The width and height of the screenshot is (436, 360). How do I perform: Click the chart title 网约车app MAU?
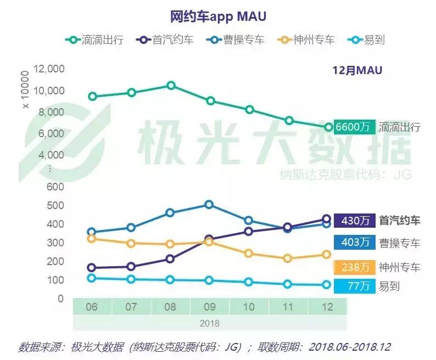pos(218,16)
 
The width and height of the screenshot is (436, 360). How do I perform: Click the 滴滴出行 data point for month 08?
pos(171,86)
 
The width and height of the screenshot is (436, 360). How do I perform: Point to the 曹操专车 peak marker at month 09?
pos(209,205)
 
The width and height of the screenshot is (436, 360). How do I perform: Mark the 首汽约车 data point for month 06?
pos(92,268)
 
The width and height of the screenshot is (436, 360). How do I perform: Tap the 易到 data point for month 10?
pos(249,282)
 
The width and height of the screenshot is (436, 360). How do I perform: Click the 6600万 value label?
pos(353,127)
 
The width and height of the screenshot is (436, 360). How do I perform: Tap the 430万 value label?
pos(354,221)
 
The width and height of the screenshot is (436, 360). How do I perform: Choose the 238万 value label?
pos(354,267)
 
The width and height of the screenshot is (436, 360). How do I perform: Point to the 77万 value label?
pos(354,286)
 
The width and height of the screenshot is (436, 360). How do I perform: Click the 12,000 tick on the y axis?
pos(49,69)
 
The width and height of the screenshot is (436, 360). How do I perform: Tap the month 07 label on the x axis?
pos(131,307)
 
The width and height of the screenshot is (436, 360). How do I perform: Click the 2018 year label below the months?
pos(209,323)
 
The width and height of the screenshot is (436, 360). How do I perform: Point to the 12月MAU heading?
pos(357,70)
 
